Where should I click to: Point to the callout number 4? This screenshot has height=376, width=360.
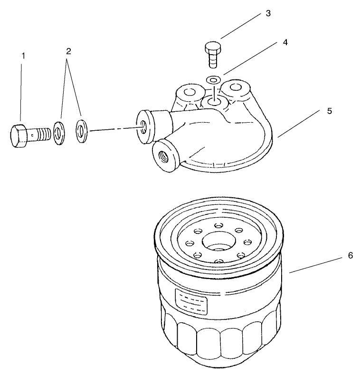click(x=285, y=42)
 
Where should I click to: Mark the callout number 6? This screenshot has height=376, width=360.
click(x=350, y=255)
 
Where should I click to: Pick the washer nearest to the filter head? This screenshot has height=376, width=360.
click(x=81, y=131)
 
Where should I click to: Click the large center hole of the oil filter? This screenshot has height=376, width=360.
click(x=218, y=242)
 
